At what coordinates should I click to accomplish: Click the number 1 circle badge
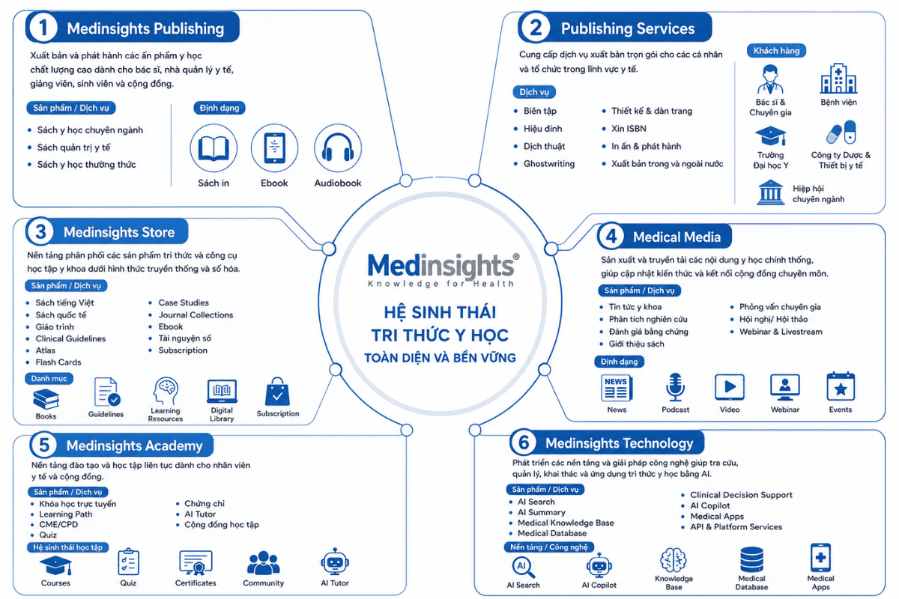(43, 28)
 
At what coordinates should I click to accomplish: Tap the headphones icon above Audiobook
(338, 148)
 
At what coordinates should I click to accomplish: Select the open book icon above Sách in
(214, 148)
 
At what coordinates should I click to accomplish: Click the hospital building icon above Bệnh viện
(838, 79)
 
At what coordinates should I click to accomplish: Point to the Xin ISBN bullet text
(629, 129)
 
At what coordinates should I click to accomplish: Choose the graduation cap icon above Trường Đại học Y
(771, 136)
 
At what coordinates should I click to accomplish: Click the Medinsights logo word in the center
(441, 265)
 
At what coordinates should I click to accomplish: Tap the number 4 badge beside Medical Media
(611, 237)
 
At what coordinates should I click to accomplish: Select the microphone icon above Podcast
(675, 387)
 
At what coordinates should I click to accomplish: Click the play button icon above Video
(730, 387)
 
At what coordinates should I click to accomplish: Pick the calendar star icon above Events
(841, 387)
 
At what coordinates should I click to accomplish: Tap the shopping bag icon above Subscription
(277, 392)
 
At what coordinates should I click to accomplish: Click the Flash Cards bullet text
(58, 362)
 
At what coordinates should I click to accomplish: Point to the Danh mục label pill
(49, 379)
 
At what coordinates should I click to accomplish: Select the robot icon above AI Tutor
(335, 562)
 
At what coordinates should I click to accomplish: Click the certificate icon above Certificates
(196, 563)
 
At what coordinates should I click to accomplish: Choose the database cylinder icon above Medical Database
(751, 559)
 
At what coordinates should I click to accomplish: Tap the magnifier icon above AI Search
(524, 568)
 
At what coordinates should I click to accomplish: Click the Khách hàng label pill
(776, 51)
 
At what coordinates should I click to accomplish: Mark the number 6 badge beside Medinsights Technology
(524, 443)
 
